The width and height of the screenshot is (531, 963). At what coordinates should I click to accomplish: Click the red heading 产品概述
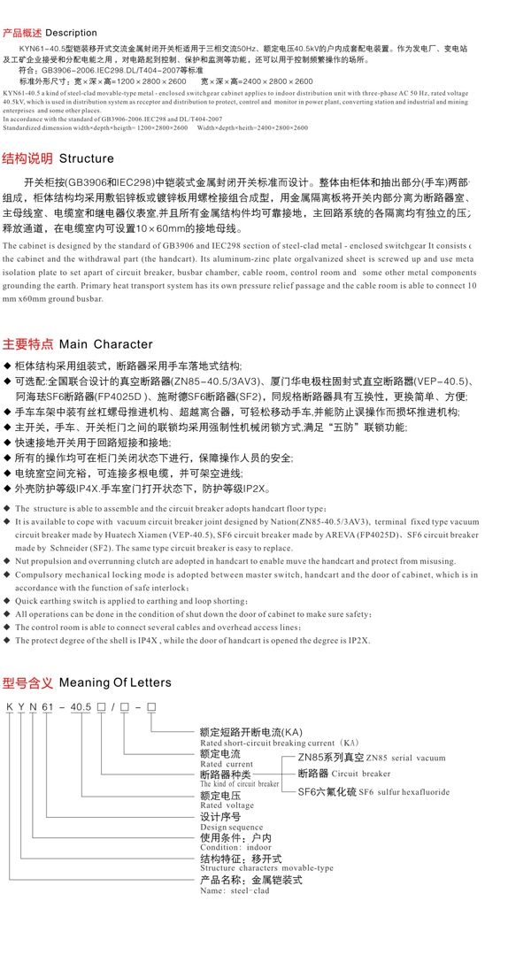(22, 33)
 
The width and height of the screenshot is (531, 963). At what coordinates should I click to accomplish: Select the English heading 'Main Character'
(105, 344)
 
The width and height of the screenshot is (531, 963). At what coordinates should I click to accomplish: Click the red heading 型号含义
(27, 683)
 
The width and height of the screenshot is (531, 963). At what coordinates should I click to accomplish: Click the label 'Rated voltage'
(227, 806)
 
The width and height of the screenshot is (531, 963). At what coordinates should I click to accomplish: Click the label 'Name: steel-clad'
(235, 890)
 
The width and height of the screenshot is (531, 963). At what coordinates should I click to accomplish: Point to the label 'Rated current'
(226, 764)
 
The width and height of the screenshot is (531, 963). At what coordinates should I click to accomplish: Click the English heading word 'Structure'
(86, 159)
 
